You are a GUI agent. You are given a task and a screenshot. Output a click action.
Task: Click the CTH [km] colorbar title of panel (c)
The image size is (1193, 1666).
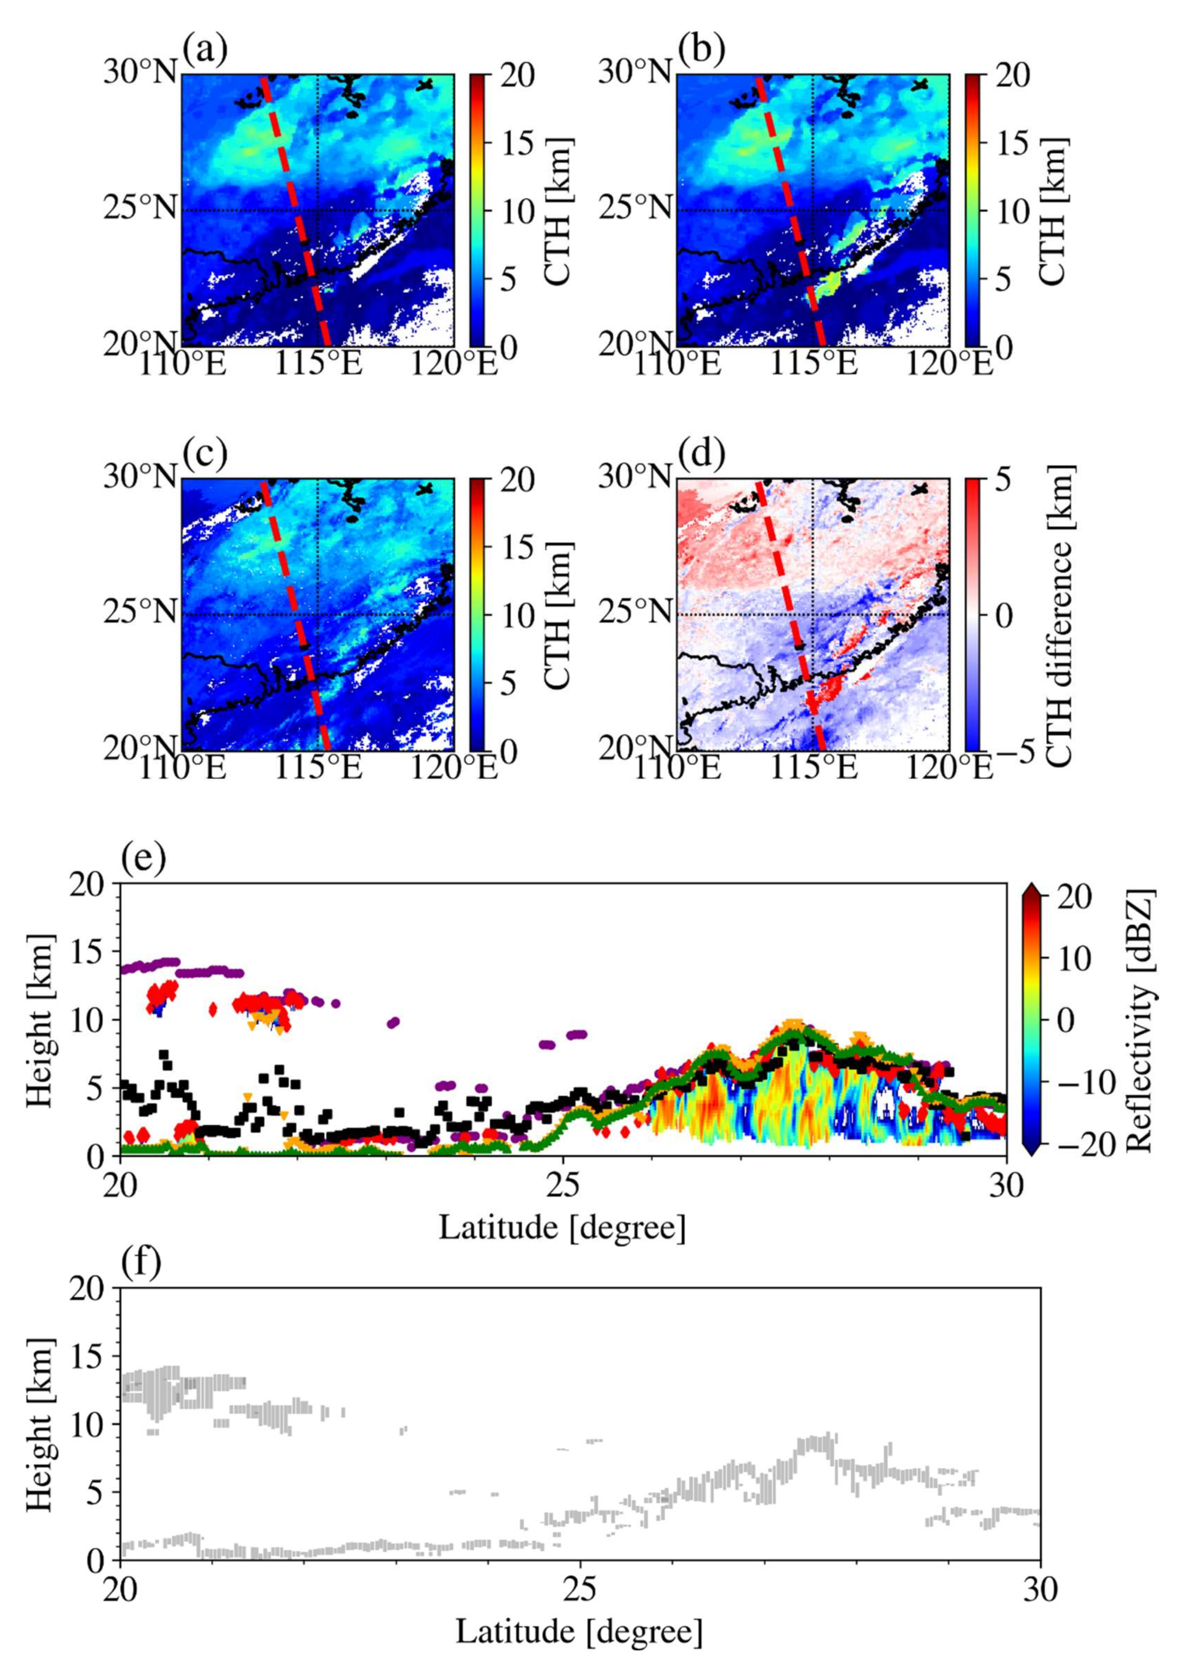(560, 616)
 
